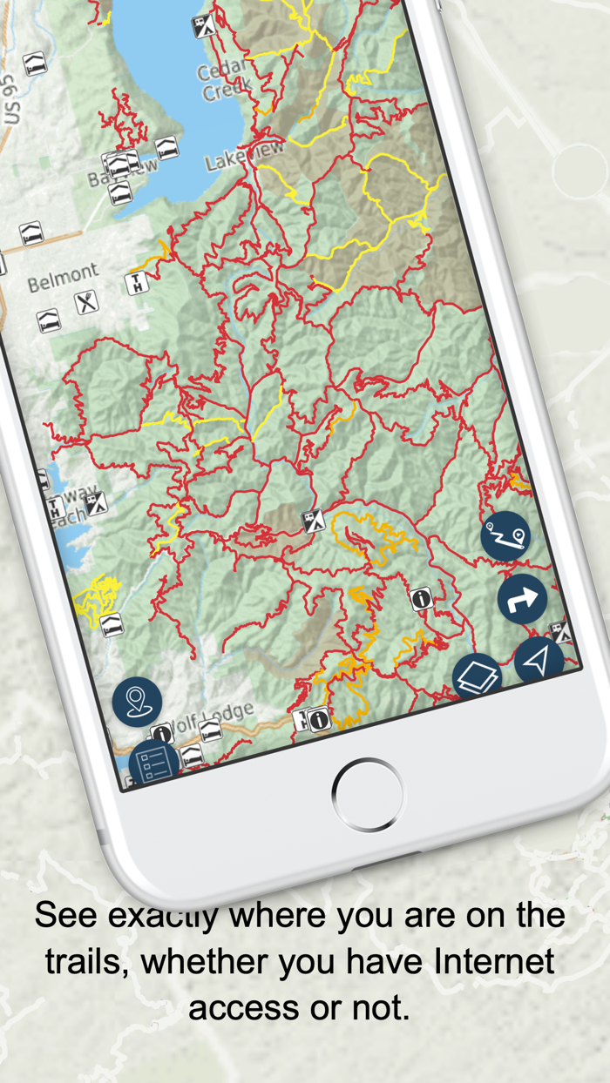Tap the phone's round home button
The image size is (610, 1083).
pos(367,794)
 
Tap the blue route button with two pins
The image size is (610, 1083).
pos(505,535)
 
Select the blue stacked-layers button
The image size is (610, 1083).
pos(477,676)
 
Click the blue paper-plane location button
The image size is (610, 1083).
pos(539,661)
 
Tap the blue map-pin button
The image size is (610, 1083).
pos(137,701)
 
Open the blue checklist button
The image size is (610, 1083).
pos(154,763)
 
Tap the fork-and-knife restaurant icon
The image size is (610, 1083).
pos(85,303)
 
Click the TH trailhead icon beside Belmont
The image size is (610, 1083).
pos(137,283)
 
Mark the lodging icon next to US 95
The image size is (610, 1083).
pos(35,64)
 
